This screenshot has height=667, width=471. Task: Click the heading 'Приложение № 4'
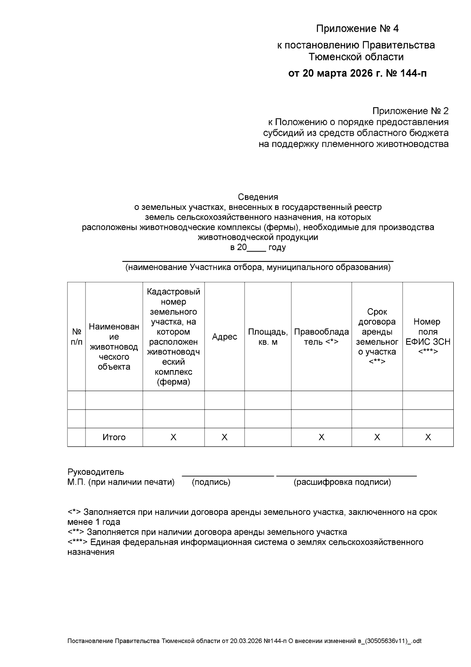point(357,29)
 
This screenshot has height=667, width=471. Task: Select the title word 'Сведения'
point(258,197)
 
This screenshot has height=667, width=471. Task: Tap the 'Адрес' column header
point(225,337)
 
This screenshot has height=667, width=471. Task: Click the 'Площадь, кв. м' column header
point(268,337)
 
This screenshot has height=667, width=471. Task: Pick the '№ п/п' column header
point(77,337)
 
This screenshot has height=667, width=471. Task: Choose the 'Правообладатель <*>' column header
point(321,337)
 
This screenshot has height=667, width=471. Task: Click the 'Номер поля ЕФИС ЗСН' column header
point(428,337)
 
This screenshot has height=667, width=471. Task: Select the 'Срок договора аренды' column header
point(377,337)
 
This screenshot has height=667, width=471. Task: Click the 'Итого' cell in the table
point(114,437)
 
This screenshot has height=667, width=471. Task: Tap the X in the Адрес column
point(225,437)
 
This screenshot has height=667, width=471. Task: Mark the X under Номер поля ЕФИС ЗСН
point(428,437)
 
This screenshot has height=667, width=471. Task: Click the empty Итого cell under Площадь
point(268,437)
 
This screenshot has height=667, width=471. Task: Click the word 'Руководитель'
point(96,472)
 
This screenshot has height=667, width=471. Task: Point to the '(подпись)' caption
point(211,482)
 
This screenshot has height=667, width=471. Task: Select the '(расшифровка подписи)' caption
point(342,482)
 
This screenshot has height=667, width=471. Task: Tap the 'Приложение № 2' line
point(410,111)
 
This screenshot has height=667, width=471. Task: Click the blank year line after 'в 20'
point(257,248)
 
